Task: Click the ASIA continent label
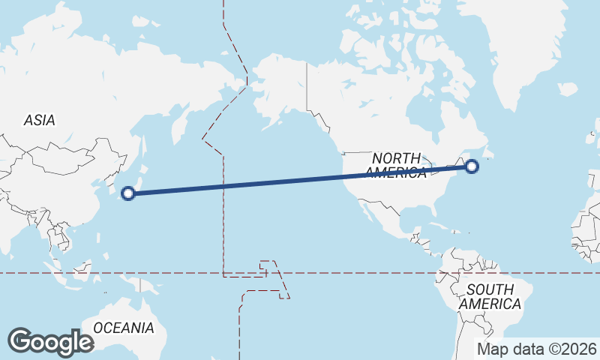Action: [39, 120]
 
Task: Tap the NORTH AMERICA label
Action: [396, 165]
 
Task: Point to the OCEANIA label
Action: [124, 328]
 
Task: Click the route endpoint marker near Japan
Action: [128, 193]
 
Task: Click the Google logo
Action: [50, 341]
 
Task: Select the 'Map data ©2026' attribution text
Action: [537, 349]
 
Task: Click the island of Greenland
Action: [525, 52]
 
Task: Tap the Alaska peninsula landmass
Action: [277, 90]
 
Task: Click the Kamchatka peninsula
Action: [180, 127]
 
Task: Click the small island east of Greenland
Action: [568, 90]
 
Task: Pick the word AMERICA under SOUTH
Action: [490, 304]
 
